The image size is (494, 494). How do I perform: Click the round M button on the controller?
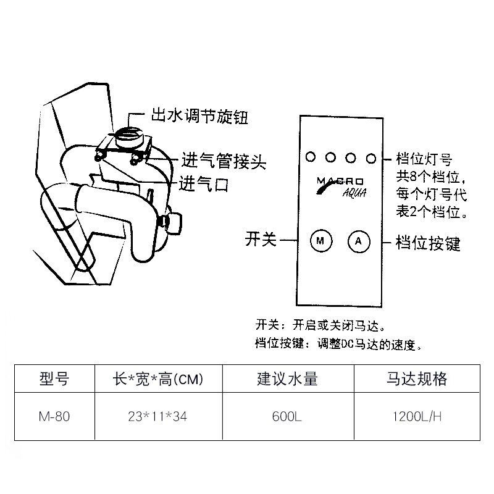(x=320, y=241)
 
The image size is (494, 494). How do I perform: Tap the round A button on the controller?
(x=358, y=241)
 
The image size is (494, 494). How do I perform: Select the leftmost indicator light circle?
(x=309, y=157)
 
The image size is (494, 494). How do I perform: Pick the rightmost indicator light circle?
(x=371, y=157)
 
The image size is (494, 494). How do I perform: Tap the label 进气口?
(x=203, y=183)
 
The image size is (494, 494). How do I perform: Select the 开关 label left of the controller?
(x=261, y=240)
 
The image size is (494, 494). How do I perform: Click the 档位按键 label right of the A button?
(x=428, y=243)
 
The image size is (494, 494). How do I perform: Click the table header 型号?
(x=54, y=379)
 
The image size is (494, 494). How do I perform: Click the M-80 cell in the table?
(x=54, y=416)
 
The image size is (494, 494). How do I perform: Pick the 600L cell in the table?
(x=287, y=416)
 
